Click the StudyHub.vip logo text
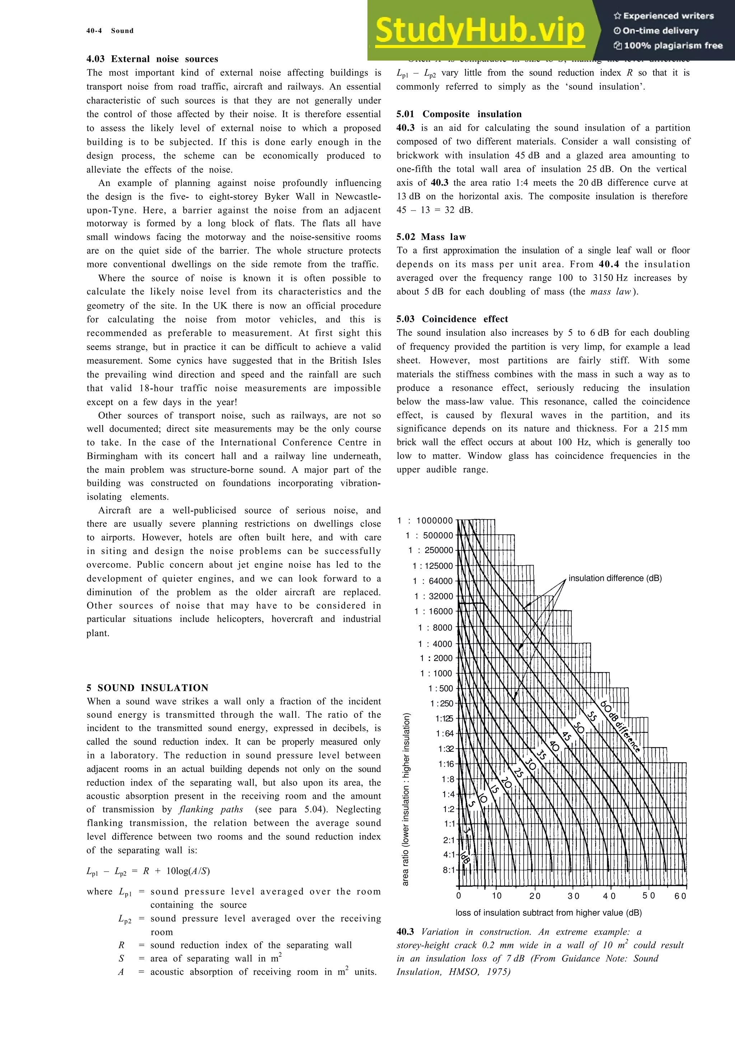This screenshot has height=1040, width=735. coord(480,31)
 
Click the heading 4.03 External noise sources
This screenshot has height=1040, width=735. coord(152,59)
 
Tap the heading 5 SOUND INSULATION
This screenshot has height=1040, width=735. coord(147,688)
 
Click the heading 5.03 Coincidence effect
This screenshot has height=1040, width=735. coord(452,319)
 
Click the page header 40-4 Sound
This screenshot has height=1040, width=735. coord(110,31)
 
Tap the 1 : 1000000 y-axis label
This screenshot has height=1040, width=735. coord(425,520)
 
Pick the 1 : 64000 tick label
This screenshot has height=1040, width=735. coord(432,581)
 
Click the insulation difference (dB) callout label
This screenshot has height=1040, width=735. coord(615,578)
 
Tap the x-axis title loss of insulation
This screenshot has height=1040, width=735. coord(548,913)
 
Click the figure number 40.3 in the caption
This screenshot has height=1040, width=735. coord(405,932)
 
